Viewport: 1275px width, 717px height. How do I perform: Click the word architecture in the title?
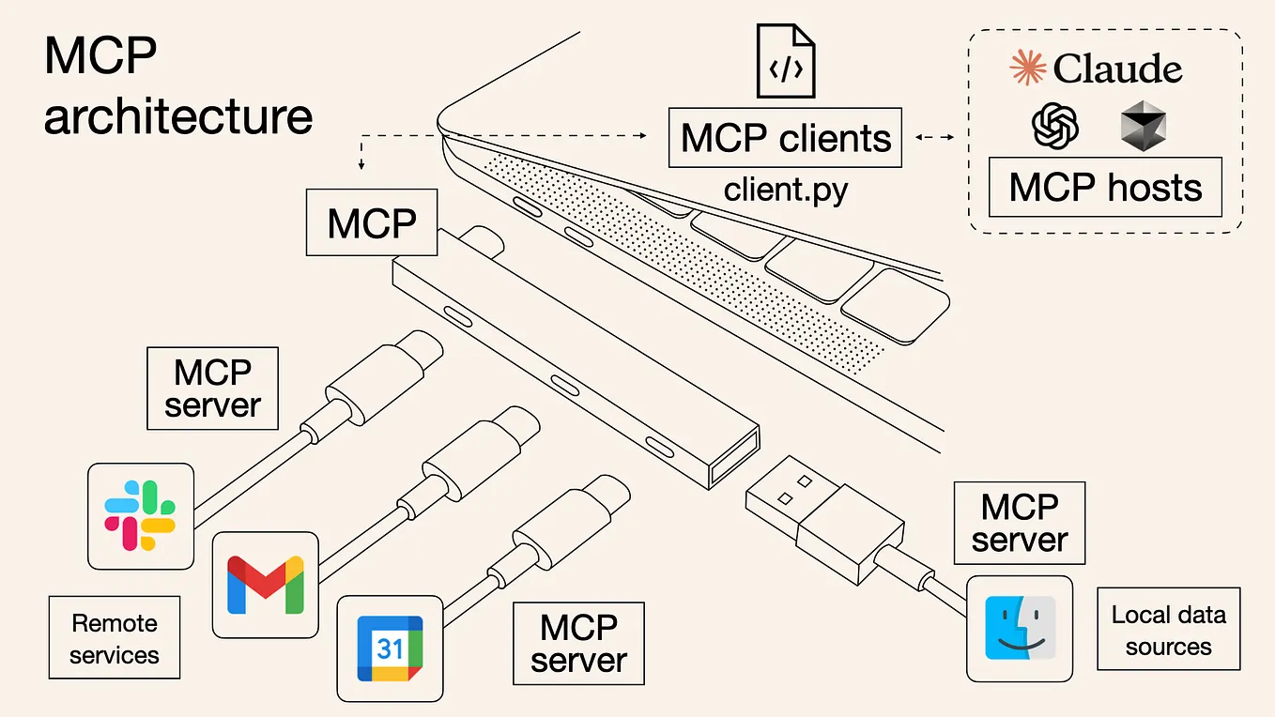[x=178, y=117]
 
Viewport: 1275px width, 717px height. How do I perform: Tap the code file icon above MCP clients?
[x=786, y=62]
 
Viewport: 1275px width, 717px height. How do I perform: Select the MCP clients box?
[x=785, y=138]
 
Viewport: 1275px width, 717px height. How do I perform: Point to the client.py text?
[x=785, y=191]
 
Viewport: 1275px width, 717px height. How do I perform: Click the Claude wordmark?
[x=1117, y=69]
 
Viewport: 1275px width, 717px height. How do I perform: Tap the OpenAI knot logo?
[x=1055, y=126]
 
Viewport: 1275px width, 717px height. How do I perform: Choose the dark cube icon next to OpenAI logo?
[x=1143, y=127]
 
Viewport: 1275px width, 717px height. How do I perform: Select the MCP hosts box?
[x=1105, y=188]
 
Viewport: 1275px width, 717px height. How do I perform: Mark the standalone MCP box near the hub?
[x=372, y=222]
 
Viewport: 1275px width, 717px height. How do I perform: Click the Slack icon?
[x=141, y=515]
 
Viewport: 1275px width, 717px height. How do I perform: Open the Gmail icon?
[x=266, y=584]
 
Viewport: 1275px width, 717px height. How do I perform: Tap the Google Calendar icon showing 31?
[x=390, y=648]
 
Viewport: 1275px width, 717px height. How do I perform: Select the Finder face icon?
[x=1020, y=627]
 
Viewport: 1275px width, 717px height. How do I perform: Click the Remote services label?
[x=115, y=638]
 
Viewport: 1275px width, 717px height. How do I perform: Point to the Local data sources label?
[x=1168, y=630]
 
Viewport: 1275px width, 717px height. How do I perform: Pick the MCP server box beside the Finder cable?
[x=1019, y=523]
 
